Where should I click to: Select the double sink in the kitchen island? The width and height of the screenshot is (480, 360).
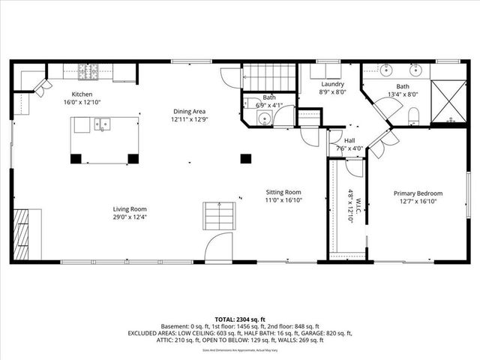point(101,124)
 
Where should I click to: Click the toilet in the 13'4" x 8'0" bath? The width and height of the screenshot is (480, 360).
point(414,117)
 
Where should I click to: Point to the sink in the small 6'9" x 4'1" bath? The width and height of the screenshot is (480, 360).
point(263,118)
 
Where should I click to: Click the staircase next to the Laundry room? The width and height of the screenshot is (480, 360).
point(269,76)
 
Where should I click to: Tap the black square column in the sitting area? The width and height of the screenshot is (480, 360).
point(244,158)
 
